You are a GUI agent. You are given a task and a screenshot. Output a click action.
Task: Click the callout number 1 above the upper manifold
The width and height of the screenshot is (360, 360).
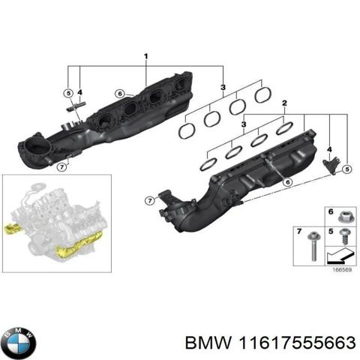145,56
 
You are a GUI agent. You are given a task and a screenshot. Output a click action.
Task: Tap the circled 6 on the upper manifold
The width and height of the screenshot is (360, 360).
119,94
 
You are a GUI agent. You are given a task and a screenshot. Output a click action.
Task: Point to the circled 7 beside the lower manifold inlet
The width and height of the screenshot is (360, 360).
149,199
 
